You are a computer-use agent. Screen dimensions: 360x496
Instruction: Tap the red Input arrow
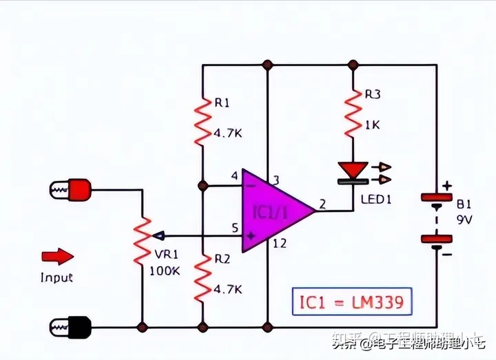(57, 257)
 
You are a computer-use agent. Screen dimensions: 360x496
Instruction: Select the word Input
(56, 277)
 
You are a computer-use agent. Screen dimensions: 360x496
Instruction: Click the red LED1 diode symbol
(353, 170)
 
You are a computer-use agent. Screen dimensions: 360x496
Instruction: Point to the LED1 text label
(376, 199)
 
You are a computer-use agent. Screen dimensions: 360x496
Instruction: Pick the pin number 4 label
(235, 176)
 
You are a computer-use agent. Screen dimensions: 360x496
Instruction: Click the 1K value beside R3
(372, 126)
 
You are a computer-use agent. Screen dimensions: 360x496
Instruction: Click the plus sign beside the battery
(447, 185)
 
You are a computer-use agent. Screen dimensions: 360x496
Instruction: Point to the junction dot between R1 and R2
(203, 186)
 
